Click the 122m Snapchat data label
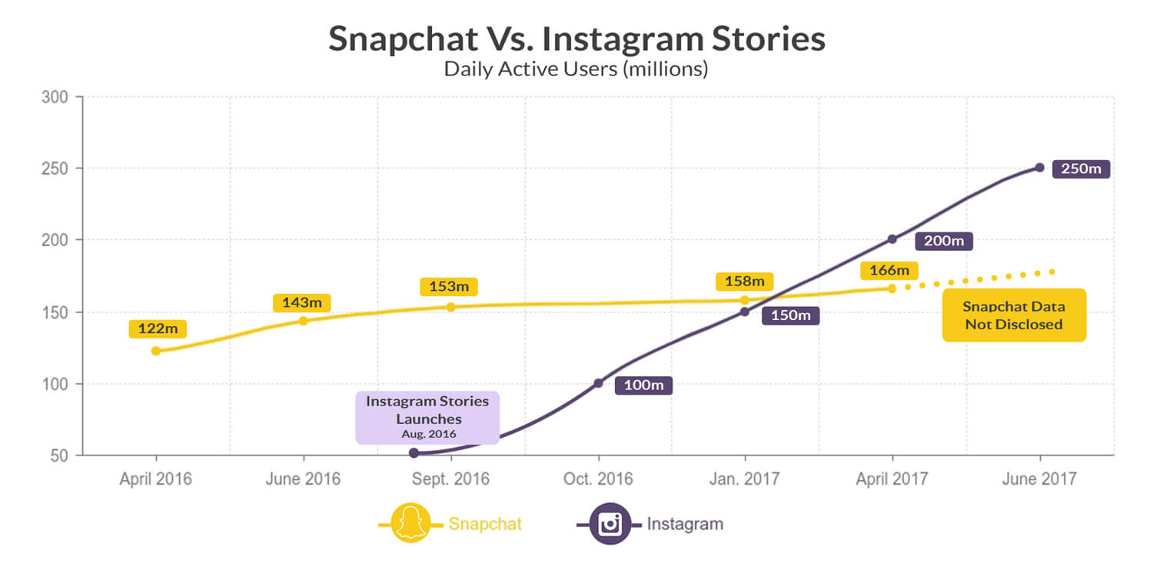[x=158, y=329]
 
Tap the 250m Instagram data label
[x=1081, y=168]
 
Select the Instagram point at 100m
[x=598, y=383]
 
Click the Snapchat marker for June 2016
[x=303, y=320]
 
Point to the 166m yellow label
[x=889, y=270]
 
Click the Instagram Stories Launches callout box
[x=427, y=417]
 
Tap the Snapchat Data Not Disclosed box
[x=1014, y=315]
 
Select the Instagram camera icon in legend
[x=610, y=524]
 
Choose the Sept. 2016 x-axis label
[x=450, y=479]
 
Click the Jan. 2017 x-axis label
[x=744, y=479]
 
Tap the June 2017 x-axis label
[x=1040, y=479]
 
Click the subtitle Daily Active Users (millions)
[x=576, y=68]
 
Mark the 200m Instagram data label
[x=944, y=241]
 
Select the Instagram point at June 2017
[x=1039, y=167]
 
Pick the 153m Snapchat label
[x=448, y=286]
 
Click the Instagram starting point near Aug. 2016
[x=414, y=453]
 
